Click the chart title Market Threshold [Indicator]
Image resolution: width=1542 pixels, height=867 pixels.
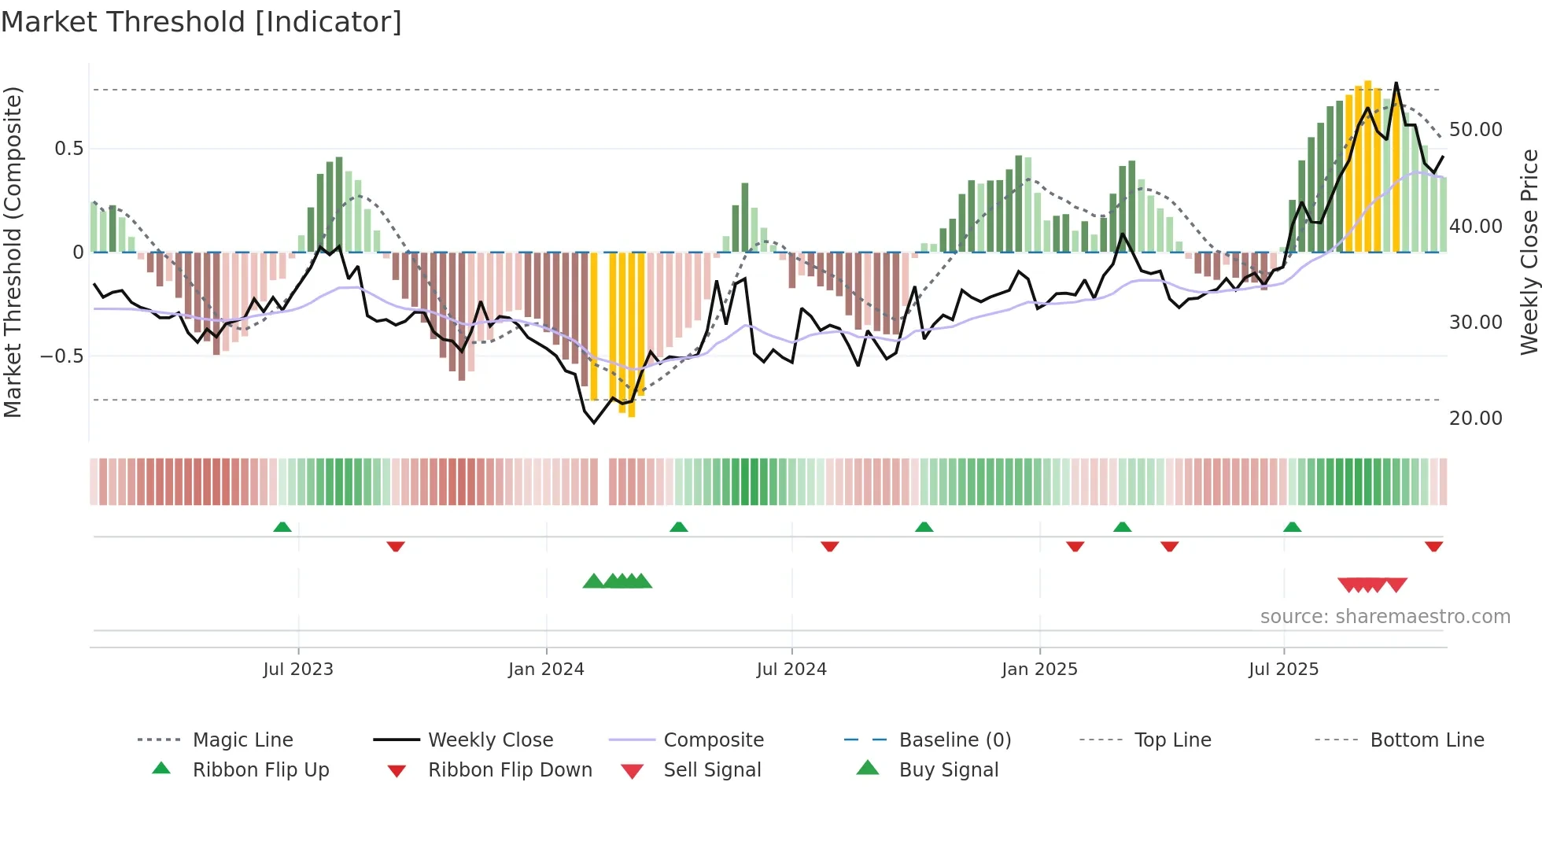click(x=201, y=22)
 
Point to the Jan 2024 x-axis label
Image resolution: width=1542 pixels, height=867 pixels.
click(x=546, y=669)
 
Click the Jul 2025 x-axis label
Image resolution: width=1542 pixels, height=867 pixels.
click(x=1283, y=669)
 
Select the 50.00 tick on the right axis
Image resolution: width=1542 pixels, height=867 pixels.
click(x=1475, y=129)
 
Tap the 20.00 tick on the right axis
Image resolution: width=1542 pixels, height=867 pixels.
click(x=1475, y=418)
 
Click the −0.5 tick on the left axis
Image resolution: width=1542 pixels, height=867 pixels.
click(x=61, y=356)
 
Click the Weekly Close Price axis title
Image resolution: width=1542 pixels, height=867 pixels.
click(x=1529, y=252)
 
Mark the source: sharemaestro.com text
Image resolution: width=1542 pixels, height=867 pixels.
click(x=1385, y=616)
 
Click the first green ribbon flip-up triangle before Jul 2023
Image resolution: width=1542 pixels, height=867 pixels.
click(x=282, y=527)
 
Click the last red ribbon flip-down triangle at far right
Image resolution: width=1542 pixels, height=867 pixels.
click(x=1433, y=546)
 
